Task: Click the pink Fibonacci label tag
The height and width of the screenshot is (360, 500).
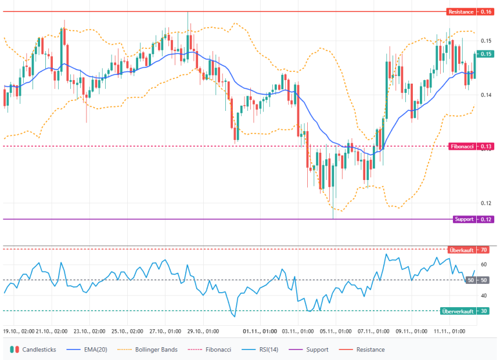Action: click(462, 146)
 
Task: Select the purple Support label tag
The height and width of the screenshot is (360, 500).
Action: click(464, 219)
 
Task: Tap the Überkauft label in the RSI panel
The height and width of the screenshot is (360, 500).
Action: click(462, 250)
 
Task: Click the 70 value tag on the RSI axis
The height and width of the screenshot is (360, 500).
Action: click(484, 250)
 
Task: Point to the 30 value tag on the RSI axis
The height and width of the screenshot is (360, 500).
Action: click(484, 311)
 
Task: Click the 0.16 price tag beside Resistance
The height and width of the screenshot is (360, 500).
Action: click(485, 12)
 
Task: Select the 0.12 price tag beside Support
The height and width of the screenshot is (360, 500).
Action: click(485, 219)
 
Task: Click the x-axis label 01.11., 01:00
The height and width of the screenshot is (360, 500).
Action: click(259, 331)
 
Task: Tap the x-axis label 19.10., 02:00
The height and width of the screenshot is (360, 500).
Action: click(19, 331)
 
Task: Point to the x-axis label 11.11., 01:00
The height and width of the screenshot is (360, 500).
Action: click(449, 331)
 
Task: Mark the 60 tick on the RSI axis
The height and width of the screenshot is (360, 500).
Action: click(484, 265)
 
